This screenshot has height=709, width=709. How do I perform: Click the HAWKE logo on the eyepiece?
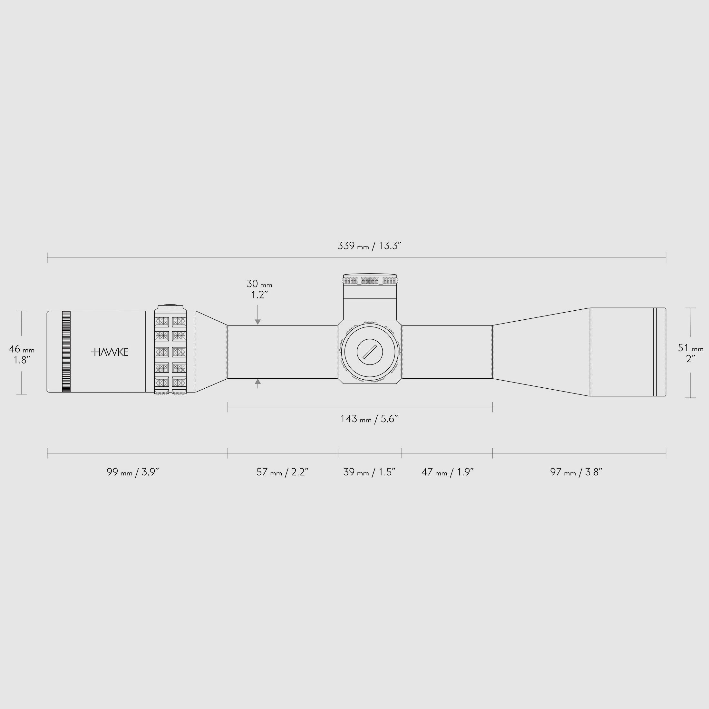click(110, 352)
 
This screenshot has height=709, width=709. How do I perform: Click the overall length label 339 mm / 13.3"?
click(369, 246)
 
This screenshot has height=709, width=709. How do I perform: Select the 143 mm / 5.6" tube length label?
click(369, 419)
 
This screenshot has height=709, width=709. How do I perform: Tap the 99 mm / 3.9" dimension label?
click(132, 472)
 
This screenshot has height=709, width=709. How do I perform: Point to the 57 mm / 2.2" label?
click(282, 472)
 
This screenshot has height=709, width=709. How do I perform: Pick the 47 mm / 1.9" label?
click(447, 472)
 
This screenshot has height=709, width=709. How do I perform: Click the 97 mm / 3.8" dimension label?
click(576, 472)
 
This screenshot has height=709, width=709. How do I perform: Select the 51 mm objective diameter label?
click(690, 353)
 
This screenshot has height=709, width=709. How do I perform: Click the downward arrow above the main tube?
click(258, 322)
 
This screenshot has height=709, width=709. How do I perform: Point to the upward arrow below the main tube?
click(258, 382)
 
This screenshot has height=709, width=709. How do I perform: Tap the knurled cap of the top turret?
click(370, 281)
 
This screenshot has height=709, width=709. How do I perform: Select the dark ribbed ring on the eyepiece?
click(66, 352)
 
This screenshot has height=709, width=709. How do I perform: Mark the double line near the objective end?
click(655, 352)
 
